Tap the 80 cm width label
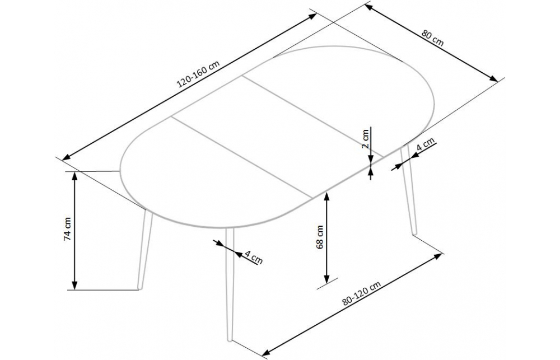point(433,41)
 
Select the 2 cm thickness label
point(366,137)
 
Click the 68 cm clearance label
point(320,236)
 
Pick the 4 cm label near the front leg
point(254,259)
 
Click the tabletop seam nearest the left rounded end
point(241,157)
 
